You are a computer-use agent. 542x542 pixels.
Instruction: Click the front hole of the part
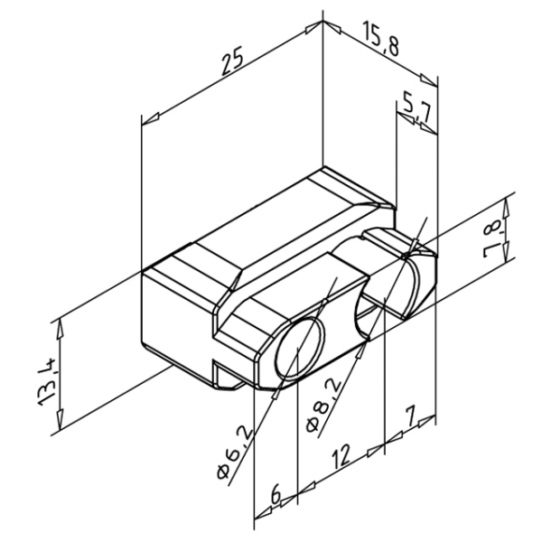click(x=296, y=350)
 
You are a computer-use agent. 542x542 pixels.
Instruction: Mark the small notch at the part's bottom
click(x=223, y=372)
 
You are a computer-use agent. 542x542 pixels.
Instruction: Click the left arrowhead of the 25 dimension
click(x=150, y=117)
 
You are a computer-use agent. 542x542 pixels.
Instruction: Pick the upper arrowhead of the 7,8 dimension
click(x=507, y=215)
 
